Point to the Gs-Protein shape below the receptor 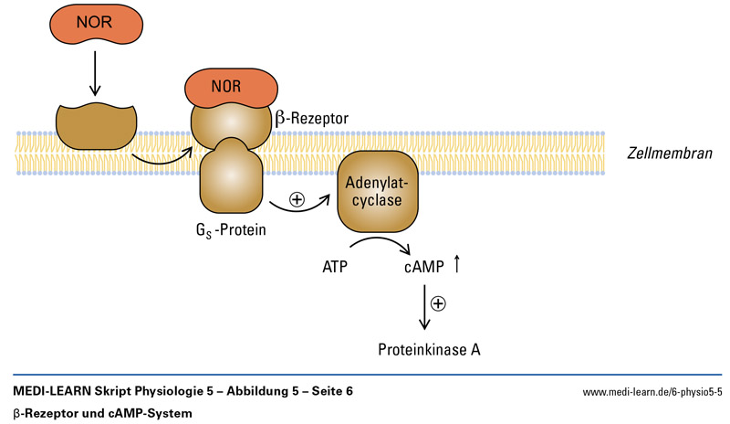pyautogui.click(x=231, y=176)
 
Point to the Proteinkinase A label pyautogui.click(x=429, y=349)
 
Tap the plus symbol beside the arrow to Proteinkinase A pyautogui.click(x=438, y=303)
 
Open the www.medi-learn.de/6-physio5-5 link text pyautogui.click(x=652, y=392)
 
